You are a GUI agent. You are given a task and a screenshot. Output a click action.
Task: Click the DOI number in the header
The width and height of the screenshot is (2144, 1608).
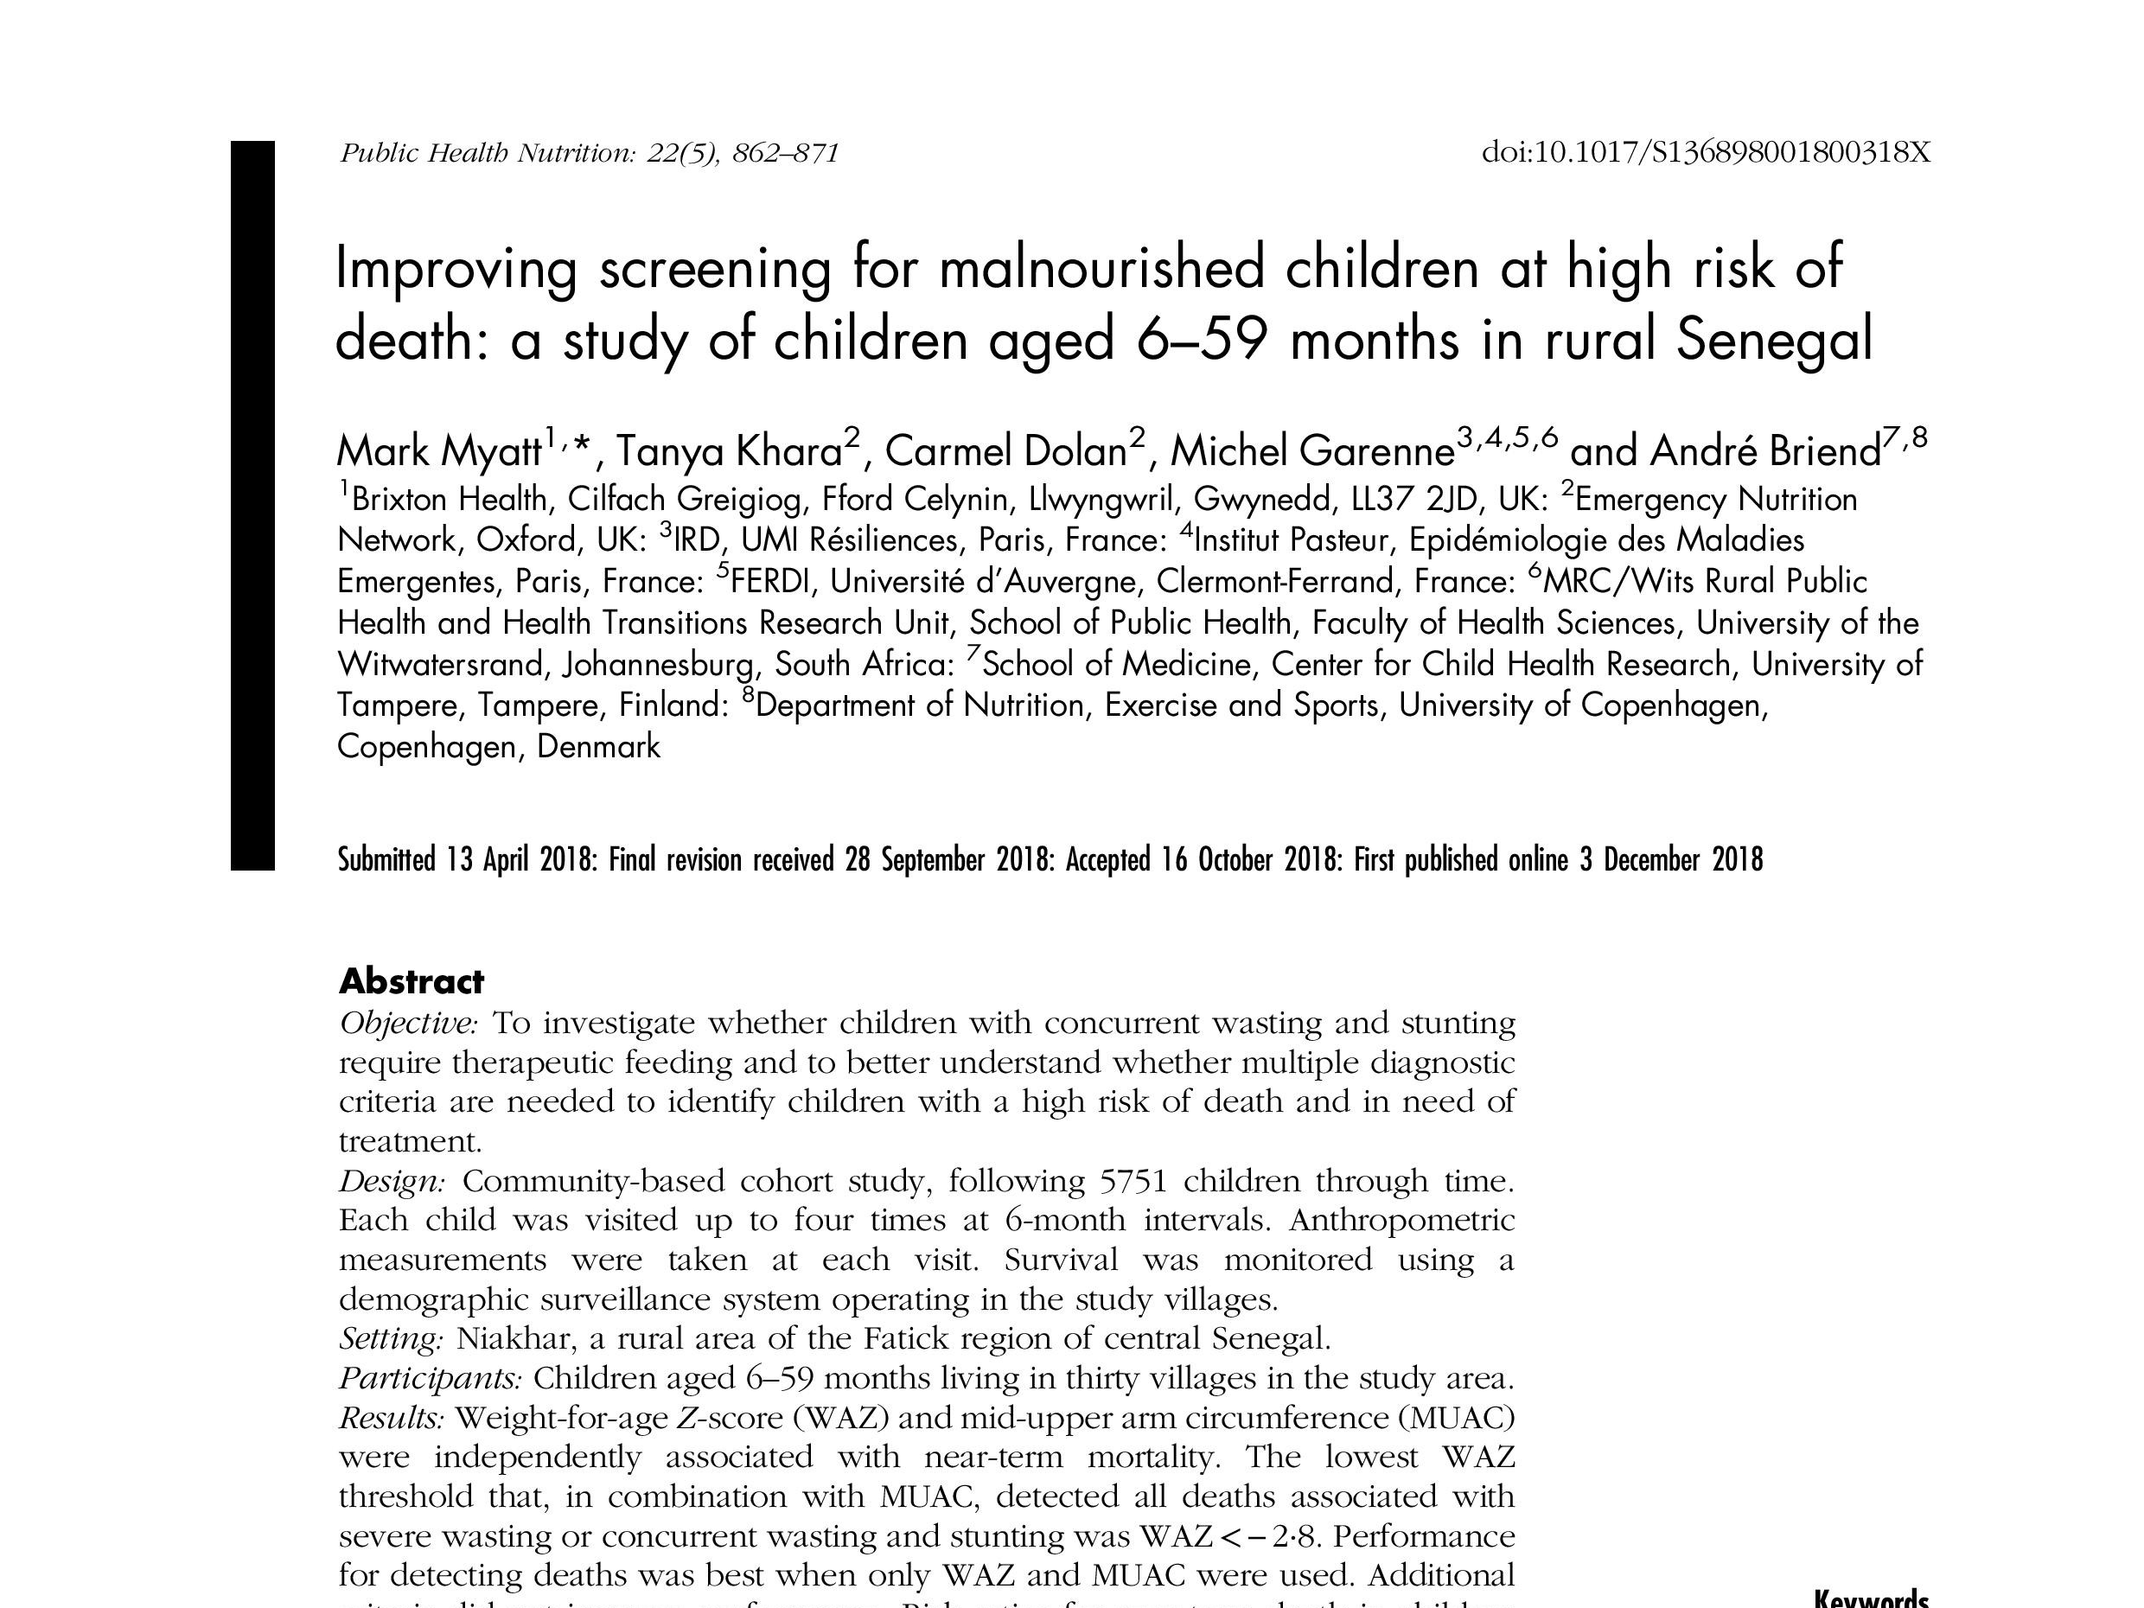(x=1706, y=153)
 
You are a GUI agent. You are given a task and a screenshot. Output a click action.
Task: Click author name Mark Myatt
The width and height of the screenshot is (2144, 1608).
(x=438, y=451)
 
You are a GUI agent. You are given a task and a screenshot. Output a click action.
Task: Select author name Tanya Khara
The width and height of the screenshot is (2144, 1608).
(x=729, y=451)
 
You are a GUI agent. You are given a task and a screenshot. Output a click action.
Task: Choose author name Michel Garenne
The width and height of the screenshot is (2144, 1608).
(x=1312, y=451)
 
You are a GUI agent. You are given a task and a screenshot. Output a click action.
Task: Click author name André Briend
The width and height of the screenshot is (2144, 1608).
(x=1764, y=451)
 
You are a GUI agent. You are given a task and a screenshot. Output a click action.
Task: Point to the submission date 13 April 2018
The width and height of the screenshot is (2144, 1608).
(x=521, y=859)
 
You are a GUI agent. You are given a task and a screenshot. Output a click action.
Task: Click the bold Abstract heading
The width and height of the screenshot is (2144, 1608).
(x=411, y=981)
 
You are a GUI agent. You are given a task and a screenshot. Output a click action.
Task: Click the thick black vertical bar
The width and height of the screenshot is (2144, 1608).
(x=252, y=504)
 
